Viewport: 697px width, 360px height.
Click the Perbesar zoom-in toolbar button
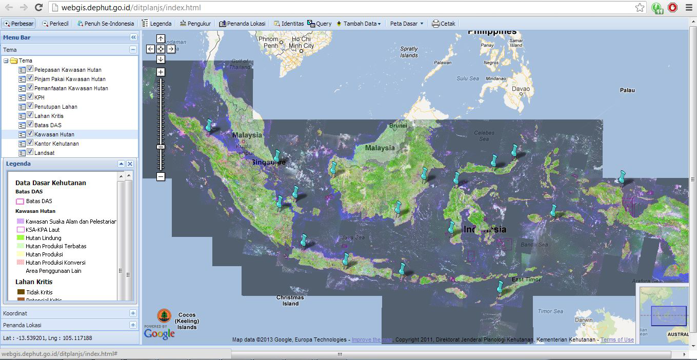[x=18, y=24]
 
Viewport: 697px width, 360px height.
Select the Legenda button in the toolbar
[x=156, y=24]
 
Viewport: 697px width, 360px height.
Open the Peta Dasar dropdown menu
[x=407, y=24]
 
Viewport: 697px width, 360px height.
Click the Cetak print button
[x=444, y=24]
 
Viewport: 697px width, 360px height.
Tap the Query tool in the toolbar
[x=319, y=24]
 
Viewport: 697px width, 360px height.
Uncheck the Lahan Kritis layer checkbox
[x=30, y=116]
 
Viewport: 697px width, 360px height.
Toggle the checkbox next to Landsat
[x=30, y=153]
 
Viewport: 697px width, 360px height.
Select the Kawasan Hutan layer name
[x=54, y=134]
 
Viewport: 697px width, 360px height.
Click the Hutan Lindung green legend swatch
[x=21, y=238]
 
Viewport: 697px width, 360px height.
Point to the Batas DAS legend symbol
[x=20, y=202]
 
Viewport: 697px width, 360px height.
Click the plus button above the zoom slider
[x=161, y=72]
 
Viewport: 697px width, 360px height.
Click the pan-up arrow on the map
[x=161, y=39]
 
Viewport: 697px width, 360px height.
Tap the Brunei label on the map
[x=398, y=126]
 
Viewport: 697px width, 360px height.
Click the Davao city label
[x=521, y=89]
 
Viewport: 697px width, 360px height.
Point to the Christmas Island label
[x=290, y=301]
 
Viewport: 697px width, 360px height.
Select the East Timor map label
[x=526, y=279]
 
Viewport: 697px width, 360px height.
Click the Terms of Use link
[x=617, y=339]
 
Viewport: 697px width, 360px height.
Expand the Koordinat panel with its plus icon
[x=133, y=313]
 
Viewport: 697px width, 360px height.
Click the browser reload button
[x=38, y=8]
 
